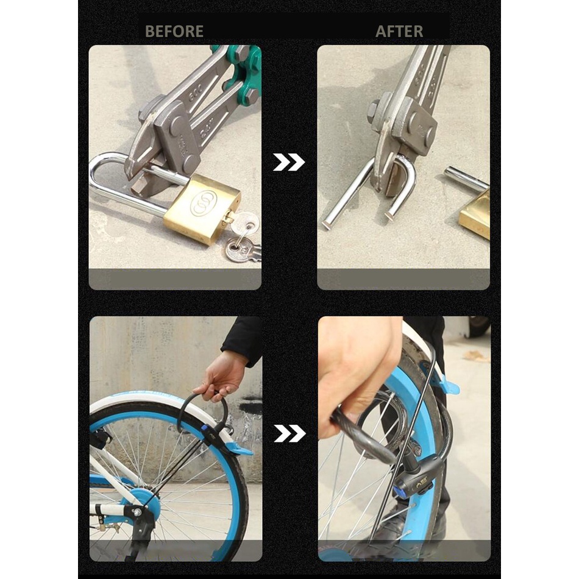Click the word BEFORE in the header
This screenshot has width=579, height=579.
point(174,31)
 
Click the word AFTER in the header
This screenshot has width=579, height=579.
point(399,31)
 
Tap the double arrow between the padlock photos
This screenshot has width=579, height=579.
point(289,162)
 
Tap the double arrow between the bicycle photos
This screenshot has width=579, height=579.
point(289,433)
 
